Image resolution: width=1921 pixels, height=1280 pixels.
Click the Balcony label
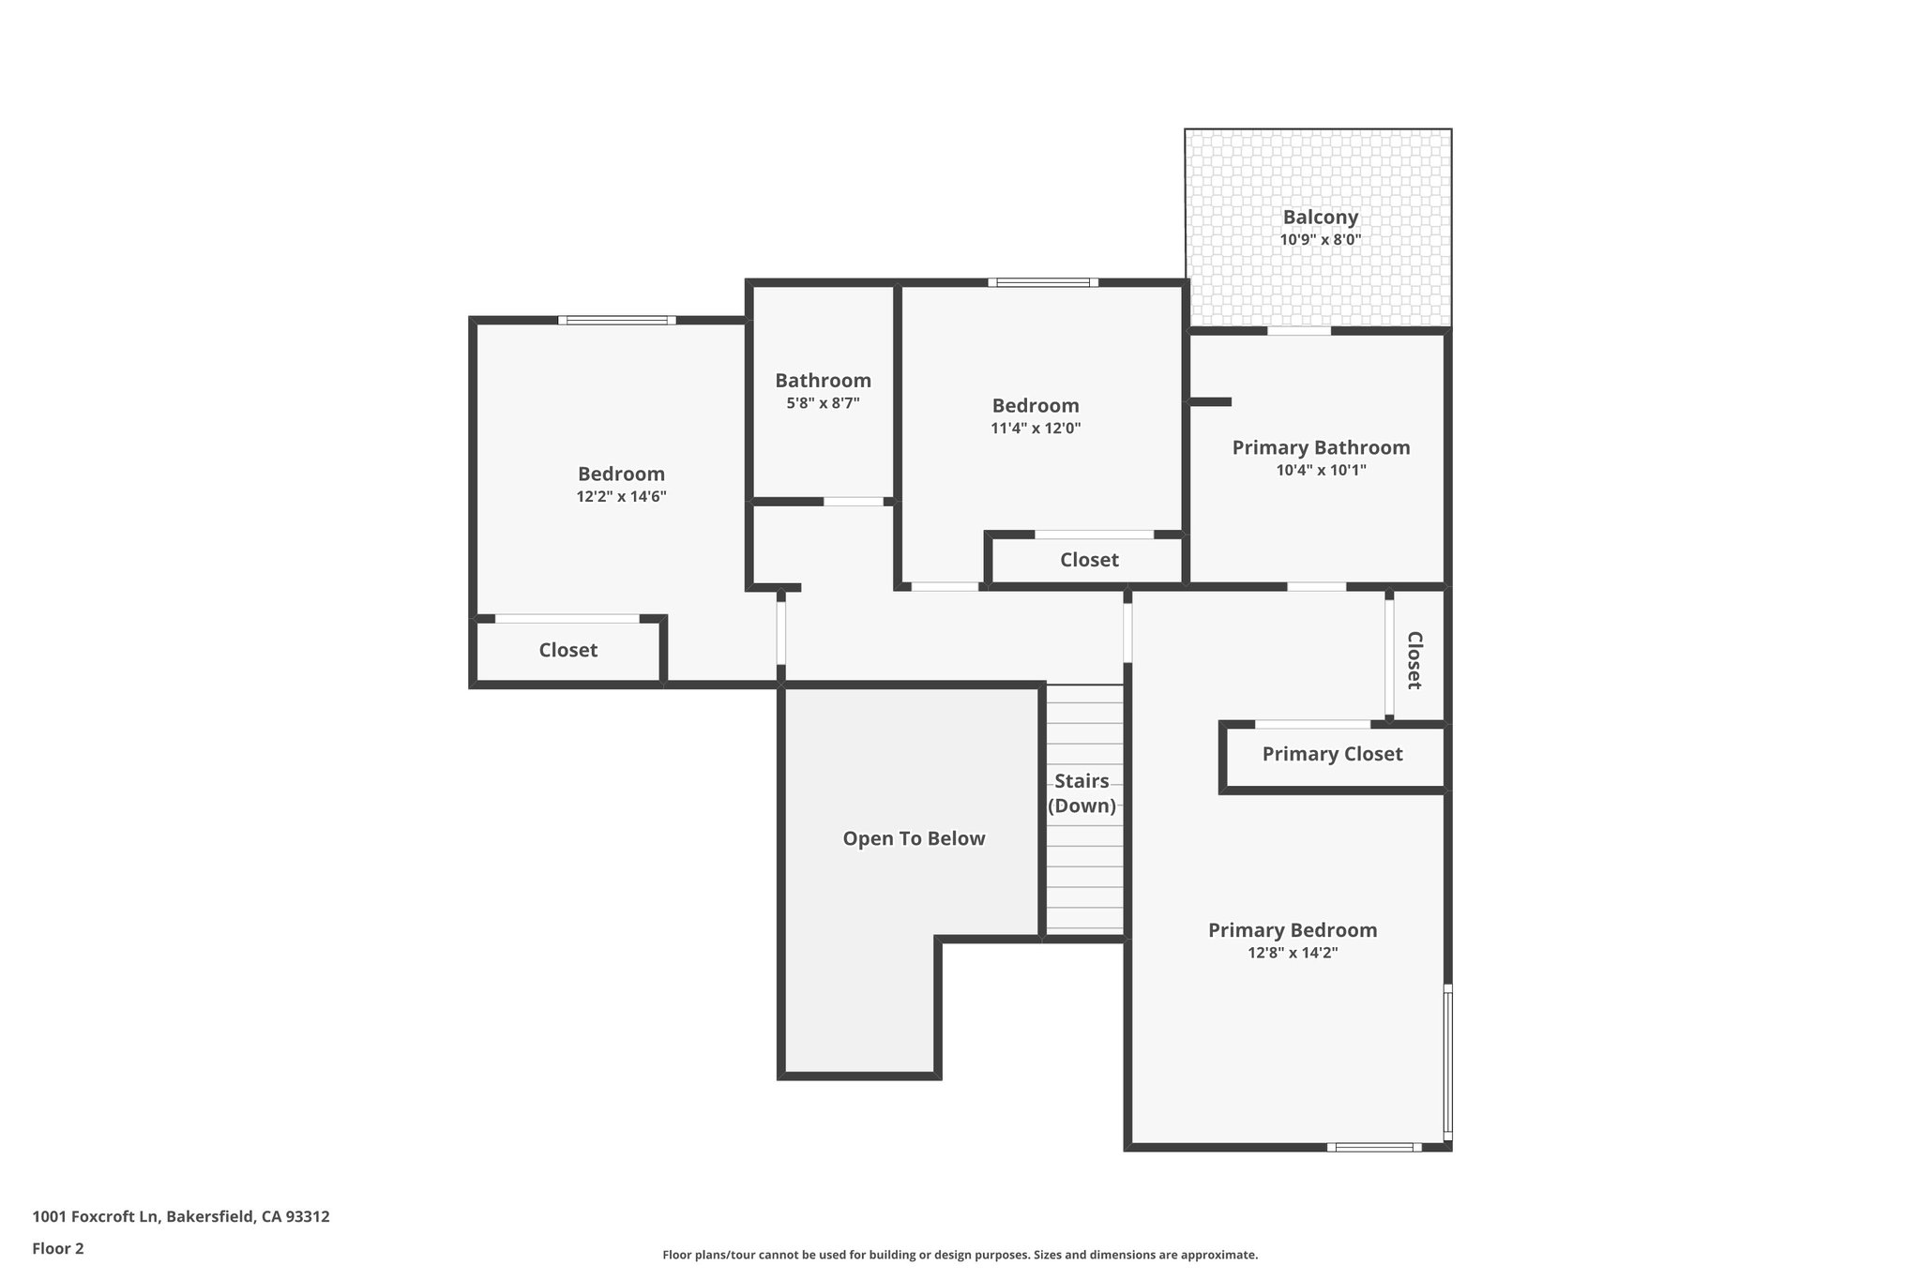click(x=1320, y=217)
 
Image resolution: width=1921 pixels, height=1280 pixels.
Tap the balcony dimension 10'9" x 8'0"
click(x=1320, y=240)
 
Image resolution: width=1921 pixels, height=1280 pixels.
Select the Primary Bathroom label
click(x=1321, y=447)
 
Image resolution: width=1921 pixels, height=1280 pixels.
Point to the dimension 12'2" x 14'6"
click(x=621, y=497)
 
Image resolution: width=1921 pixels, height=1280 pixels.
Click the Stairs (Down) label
click(x=1082, y=793)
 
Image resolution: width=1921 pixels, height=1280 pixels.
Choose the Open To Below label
click(x=914, y=838)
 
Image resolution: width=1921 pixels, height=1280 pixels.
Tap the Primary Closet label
click(x=1332, y=754)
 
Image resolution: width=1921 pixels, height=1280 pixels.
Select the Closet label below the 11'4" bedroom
click(x=1089, y=560)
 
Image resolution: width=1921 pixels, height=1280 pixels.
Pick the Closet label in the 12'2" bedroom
click(x=567, y=650)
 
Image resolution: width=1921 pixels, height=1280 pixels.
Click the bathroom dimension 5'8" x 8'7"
click(x=823, y=403)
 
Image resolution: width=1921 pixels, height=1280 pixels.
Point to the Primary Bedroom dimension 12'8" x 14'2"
click(x=1292, y=953)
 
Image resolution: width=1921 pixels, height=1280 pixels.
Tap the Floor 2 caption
click(x=58, y=1248)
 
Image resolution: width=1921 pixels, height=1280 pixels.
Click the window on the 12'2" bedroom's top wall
click(x=617, y=321)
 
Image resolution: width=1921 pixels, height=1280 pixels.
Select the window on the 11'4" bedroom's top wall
click(x=1043, y=282)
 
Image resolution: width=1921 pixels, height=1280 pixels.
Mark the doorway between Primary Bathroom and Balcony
click(x=1299, y=331)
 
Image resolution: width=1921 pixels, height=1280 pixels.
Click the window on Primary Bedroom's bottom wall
click(x=1374, y=1146)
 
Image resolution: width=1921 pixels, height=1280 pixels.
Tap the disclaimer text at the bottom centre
click(x=960, y=1255)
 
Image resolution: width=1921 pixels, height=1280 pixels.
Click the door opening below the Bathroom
click(x=854, y=502)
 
